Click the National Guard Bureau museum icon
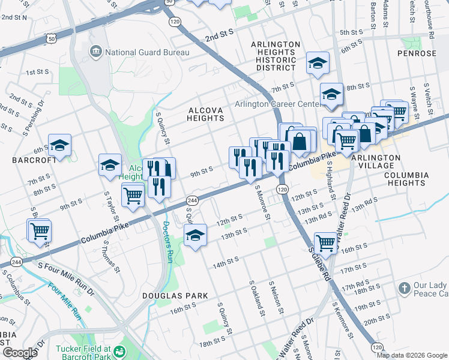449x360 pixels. [96, 52]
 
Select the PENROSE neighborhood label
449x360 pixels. [417, 53]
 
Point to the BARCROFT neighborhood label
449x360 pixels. [30, 161]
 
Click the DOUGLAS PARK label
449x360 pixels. [175, 296]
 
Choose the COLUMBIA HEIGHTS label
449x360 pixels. [408, 179]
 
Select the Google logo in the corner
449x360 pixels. [20, 353]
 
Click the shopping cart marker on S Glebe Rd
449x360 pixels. [325, 242]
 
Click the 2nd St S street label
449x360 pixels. [220, 36]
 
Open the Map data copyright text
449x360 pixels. [412, 355]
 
